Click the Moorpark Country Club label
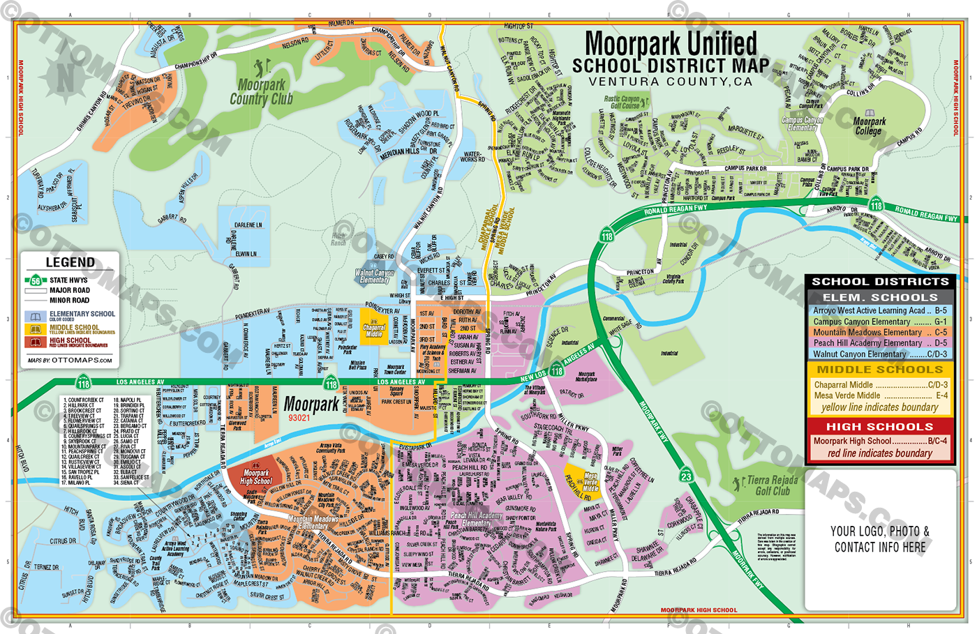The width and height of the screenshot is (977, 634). click(262, 91)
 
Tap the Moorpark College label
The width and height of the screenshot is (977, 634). click(870, 126)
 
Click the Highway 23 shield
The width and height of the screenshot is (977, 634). click(687, 476)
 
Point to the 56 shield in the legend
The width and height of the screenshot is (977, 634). click(35, 280)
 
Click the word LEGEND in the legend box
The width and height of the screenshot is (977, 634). click(70, 262)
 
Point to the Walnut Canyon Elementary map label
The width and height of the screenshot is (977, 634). click(375, 276)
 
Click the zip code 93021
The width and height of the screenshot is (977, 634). click(299, 418)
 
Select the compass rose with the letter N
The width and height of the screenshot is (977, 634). click(64, 75)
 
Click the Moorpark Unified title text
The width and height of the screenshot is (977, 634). click(671, 43)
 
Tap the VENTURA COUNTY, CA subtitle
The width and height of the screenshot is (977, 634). click(670, 82)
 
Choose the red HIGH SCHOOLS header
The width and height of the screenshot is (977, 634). click(879, 426)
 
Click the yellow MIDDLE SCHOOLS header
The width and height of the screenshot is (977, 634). click(879, 369)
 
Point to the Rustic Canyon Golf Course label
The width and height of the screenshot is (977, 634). click(622, 103)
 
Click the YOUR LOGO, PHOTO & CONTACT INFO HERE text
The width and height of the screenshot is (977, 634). click(879, 539)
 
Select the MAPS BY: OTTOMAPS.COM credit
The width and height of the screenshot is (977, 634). click(70, 361)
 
